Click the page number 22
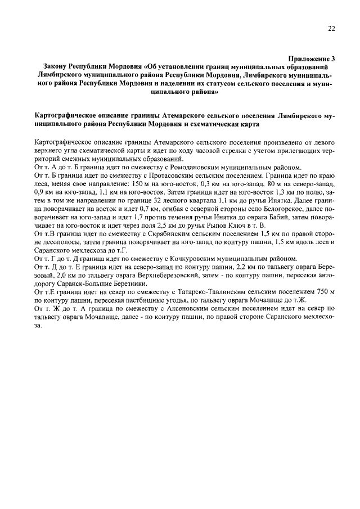[331, 30]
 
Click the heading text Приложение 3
[312, 58]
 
